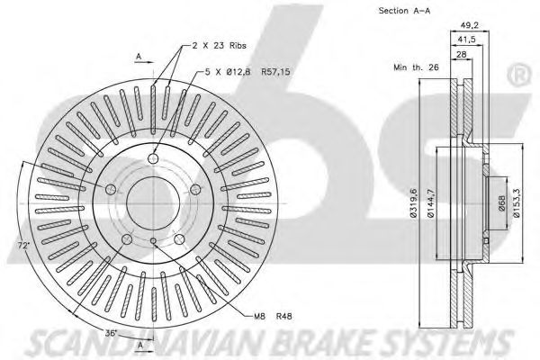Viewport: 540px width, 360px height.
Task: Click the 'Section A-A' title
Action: coord(405,11)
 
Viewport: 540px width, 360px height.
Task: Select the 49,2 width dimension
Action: coord(470,25)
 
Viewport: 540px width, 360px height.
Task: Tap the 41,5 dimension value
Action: coord(466,40)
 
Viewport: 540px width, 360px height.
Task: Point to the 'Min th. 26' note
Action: coord(416,67)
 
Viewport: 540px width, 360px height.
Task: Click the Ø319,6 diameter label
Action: coord(413,202)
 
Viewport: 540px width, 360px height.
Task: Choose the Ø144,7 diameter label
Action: coord(431,203)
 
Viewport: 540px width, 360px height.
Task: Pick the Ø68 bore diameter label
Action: coord(502,203)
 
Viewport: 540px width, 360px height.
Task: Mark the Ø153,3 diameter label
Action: coord(517,203)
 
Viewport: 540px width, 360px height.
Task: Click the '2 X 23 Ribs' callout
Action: coord(220,46)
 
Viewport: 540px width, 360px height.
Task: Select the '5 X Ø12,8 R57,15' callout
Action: coord(247,72)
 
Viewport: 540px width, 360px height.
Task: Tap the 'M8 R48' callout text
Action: coord(273,316)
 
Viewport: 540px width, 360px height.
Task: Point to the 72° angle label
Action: coord(23,246)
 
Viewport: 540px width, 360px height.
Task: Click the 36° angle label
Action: coord(112,334)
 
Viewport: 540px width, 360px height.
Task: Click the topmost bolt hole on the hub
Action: coord(153,158)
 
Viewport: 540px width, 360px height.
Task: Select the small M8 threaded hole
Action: coord(154,241)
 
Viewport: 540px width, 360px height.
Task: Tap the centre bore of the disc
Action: coord(153,203)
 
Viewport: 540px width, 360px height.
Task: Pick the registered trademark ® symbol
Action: coord(520,76)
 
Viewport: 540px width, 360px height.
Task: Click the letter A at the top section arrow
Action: coord(139,57)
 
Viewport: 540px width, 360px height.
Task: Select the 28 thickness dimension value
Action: coord(461,54)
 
